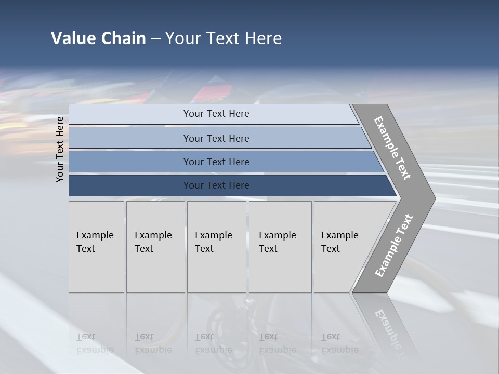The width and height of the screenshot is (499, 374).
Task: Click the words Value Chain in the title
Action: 98,38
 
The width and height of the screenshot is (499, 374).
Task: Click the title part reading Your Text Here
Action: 224,38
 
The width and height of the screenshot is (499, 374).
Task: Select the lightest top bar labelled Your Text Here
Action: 216,114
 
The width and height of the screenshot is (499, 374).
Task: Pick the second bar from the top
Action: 216,138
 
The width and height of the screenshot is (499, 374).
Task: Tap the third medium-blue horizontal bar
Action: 216,162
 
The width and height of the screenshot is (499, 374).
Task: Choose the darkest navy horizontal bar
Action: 216,185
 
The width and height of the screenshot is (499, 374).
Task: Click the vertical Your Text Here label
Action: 60,149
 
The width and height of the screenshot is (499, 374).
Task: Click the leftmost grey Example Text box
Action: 96,247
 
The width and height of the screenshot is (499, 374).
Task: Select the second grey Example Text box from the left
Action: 155,247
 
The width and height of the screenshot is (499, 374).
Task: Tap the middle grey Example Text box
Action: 216,247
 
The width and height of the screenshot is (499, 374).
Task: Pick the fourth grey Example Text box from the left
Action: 280,247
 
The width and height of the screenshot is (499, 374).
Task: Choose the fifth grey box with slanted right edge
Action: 343,247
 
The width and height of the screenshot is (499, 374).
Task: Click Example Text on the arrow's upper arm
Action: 392,148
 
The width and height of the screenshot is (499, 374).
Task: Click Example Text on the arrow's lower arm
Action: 393,246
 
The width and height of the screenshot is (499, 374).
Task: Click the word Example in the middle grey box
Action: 213,235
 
